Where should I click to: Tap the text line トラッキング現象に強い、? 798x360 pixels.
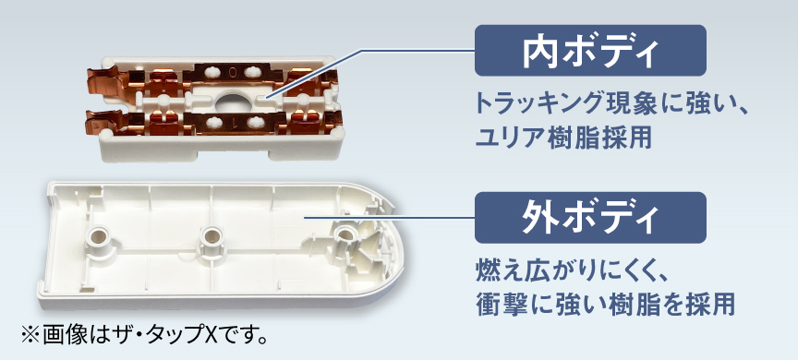(610, 102)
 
